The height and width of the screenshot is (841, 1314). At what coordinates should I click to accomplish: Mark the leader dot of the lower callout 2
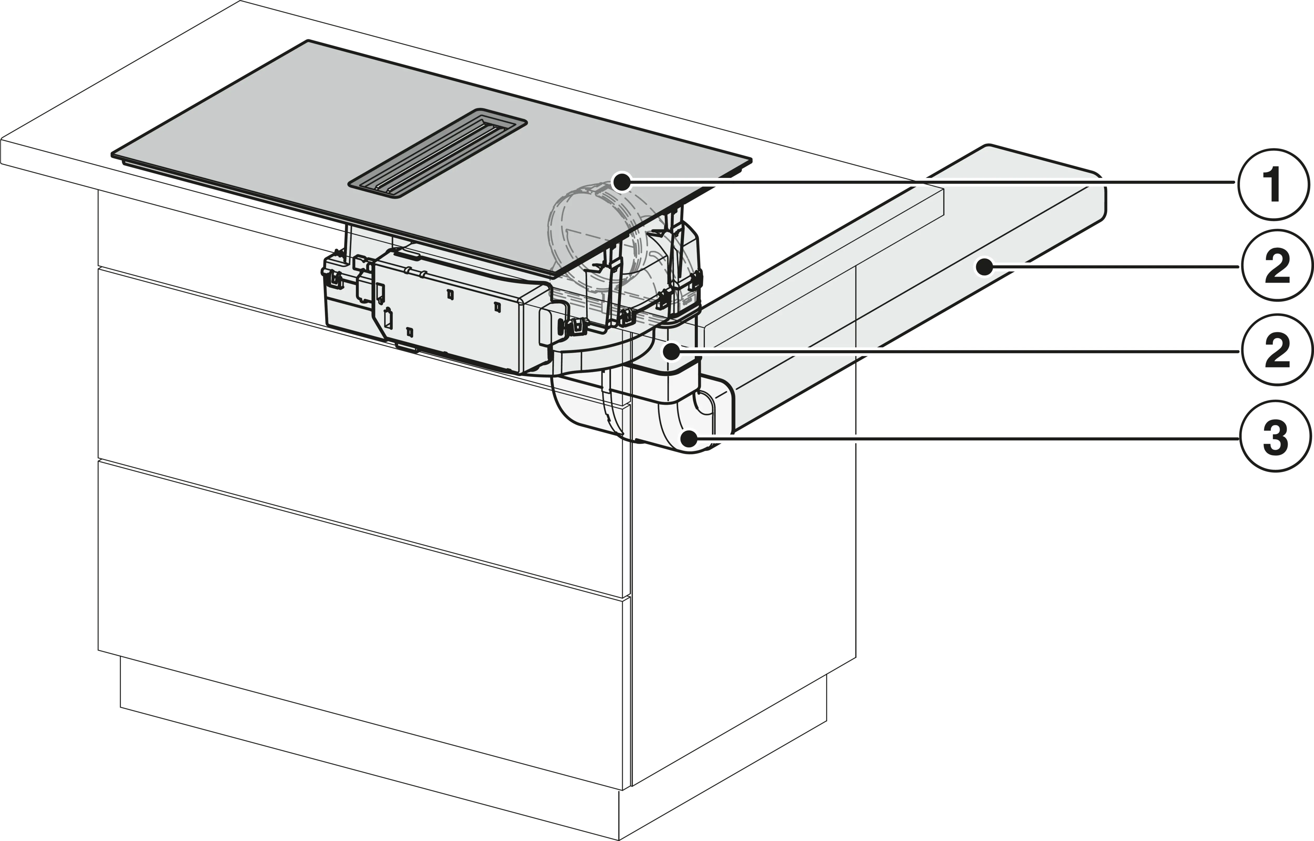(672, 351)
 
